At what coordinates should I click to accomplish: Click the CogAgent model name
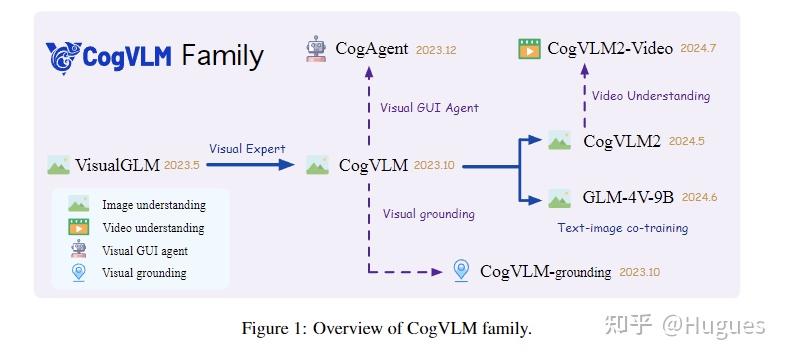[x=372, y=47]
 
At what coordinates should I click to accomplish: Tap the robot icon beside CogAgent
[x=317, y=48]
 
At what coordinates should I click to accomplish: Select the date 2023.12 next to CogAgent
[x=436, y=49]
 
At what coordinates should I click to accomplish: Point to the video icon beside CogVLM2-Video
[x=529, y=48]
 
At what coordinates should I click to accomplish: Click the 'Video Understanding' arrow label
[x=650, y=96]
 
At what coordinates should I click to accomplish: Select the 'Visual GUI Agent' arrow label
[x=429, y=107]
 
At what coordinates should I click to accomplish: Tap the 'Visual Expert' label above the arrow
[x=247, y=149]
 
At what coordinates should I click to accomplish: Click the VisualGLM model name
[x=119, y=166]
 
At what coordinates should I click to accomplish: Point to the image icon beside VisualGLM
[x=58, y=166]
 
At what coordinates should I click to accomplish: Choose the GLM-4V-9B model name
[x=628, y=197]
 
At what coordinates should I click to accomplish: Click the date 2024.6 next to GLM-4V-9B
[x=700, y=198]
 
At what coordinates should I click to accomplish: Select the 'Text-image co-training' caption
[x=622, y=228]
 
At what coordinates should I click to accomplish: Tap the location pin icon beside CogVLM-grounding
[x=461, y=270]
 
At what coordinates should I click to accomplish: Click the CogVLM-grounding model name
[x=546, y=271]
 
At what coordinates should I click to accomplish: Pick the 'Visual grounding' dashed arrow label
[x=429, y=213]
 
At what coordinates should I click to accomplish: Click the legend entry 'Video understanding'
[x=153, y=228]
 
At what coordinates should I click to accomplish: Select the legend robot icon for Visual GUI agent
[x=78, y=250]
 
